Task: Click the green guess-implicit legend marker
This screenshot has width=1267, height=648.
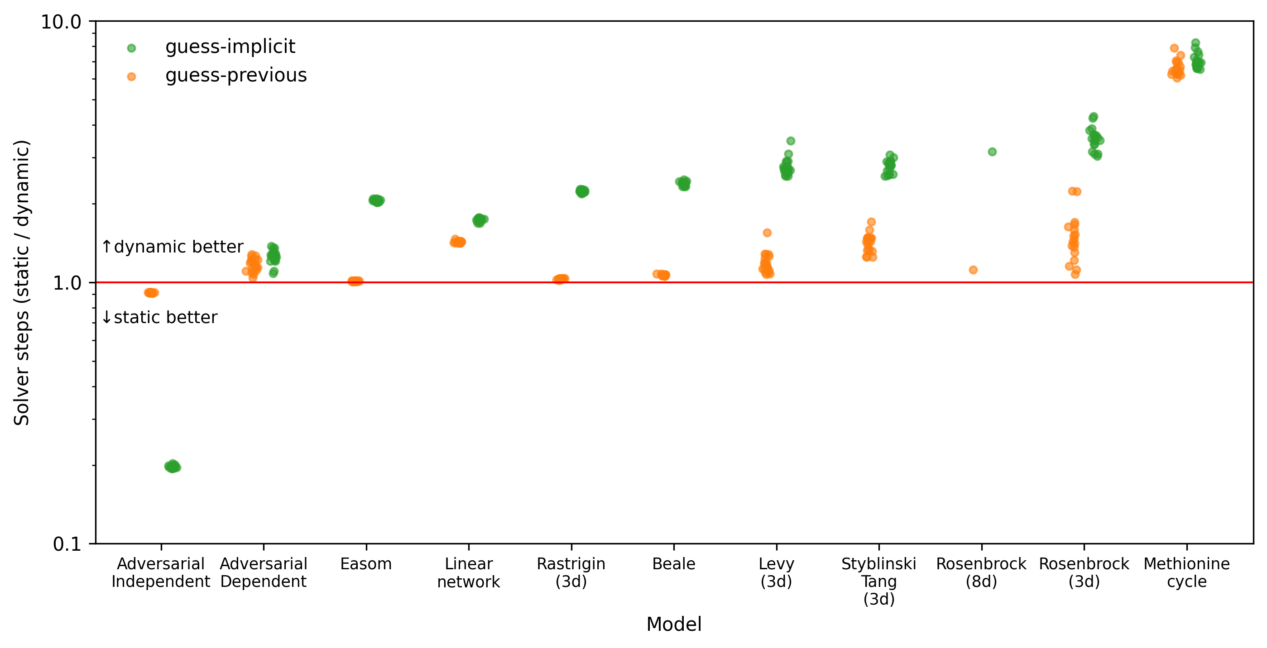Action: pos(131,48)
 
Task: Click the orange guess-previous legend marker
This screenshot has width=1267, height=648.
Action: pos(131,76)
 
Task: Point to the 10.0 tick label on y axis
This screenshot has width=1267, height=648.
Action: pos(61,22)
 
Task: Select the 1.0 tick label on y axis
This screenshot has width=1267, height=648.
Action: pos(67,283)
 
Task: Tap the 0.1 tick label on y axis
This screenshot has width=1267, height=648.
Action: pos(67,544)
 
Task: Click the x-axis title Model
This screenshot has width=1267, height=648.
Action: pos(673,624)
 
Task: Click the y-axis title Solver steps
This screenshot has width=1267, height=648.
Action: pos(22,282)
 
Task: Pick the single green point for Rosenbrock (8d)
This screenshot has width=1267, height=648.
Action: pos(992,152)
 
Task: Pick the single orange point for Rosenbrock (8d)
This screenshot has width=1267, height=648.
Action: pos(973,270)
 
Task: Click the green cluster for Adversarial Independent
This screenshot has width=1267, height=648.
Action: pos(172,466)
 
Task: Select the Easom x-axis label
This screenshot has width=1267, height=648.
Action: pos(366,564)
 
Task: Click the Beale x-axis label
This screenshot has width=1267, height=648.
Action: pos(673,564)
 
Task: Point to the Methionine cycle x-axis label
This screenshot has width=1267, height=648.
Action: pos(1186,573)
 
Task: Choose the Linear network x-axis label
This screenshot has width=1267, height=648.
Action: pos(468,573)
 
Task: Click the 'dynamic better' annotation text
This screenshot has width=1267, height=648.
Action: pos(173,247)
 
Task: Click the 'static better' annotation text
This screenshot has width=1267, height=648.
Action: pos(160,318)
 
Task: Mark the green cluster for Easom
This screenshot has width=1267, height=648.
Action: pos(376,200)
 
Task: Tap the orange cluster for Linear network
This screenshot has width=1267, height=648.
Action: pos(457,242)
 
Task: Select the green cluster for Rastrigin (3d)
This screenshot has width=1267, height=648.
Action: pos(582,191)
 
